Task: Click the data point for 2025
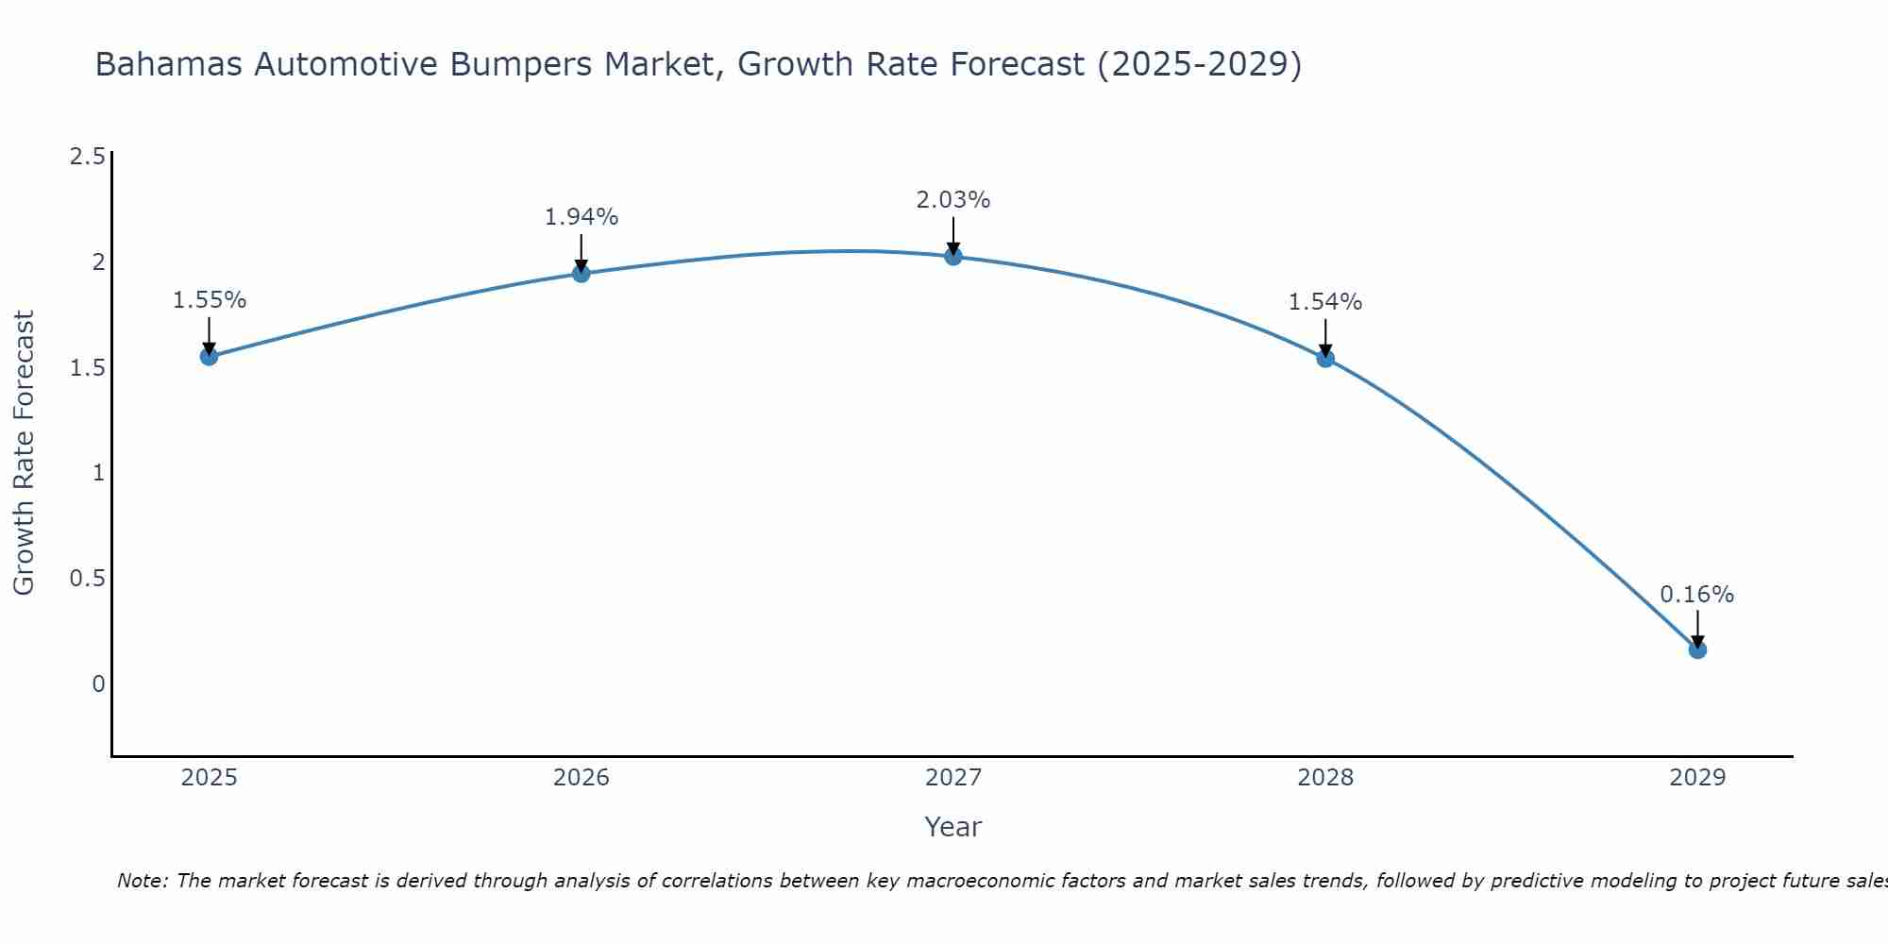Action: point(209,356)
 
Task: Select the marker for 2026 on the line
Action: point(582,274)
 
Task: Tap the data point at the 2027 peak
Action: point(953,256)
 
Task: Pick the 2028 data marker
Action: point(1325,358)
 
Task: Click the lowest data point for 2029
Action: point(1697,649)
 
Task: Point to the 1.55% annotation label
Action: point(209,300)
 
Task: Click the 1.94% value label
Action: point(582,217)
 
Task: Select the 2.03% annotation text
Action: point(953,200)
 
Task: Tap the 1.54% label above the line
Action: point(1325,302)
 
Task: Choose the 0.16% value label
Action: point(1697,595)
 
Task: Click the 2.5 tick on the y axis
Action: point(87,157)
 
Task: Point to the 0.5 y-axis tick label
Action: point(87,579)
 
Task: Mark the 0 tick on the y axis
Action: point(98,683)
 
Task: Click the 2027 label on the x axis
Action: point(953,778)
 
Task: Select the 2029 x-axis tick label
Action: point(1697,778)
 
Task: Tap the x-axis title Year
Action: point(953,827)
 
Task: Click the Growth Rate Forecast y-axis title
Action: point(24,453)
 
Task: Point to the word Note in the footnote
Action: point(142,881)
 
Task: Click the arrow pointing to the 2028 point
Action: point(1325,337)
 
